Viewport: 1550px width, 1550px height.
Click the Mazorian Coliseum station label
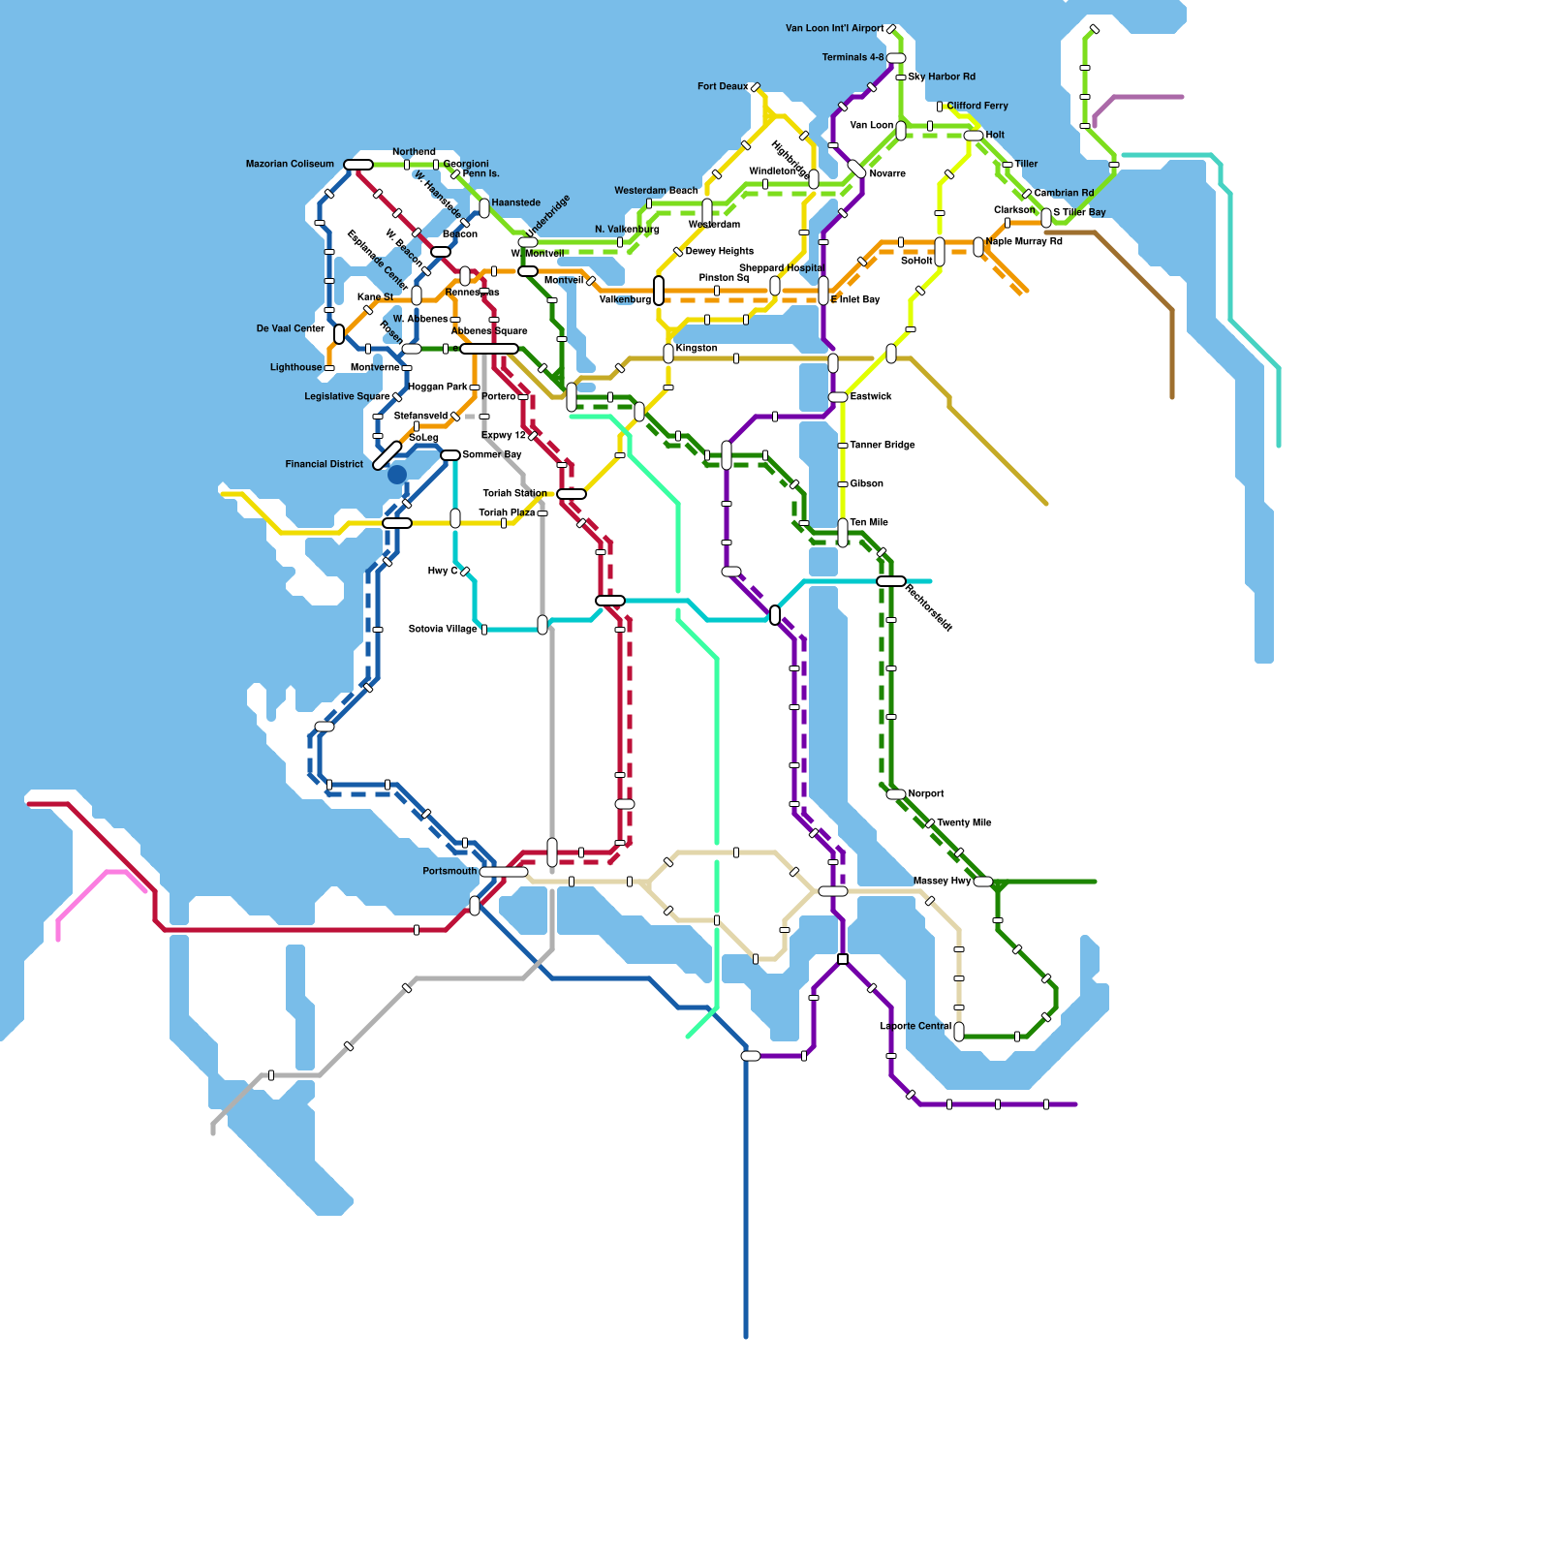click(290, 165)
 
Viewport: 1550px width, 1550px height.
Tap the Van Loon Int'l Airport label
click(834, 29)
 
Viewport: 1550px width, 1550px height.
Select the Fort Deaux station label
click(723, 87)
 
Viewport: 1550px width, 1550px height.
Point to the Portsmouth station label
click(449, 872)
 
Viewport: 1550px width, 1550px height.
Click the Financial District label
click(324, 465)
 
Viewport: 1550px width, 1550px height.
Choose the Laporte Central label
click(915, 1027)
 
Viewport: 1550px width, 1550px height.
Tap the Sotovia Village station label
click(443, 630)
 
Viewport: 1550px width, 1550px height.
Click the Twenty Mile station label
click(964, 823)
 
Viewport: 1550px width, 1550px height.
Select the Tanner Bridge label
click(882, 446)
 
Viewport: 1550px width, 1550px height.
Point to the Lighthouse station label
click(295, 368)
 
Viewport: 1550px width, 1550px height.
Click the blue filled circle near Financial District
click(397, 475)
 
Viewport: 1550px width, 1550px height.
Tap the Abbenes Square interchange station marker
click(489, 349)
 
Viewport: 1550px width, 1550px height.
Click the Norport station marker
click(896, 794)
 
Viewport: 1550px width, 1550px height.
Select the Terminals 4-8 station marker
click(896, 58)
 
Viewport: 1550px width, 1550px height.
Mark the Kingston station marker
click(668, 354)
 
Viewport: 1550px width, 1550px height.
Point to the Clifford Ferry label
click(977, 107)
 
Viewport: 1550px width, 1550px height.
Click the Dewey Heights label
click(719, 252)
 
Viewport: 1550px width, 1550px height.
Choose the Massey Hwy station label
click(942, 882)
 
